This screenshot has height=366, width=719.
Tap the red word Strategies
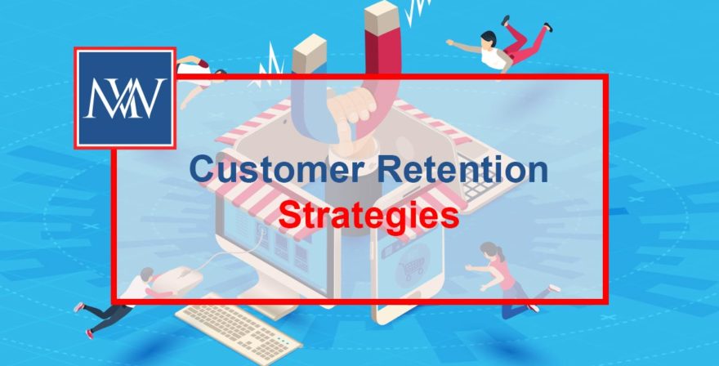(367, 216)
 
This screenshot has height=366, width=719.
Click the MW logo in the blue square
(125, 98)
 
